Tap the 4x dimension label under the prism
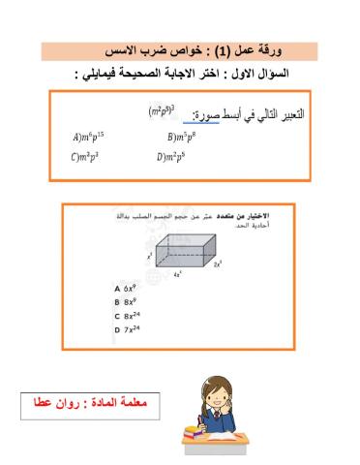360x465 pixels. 178,274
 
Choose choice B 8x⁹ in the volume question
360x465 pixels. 128,302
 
